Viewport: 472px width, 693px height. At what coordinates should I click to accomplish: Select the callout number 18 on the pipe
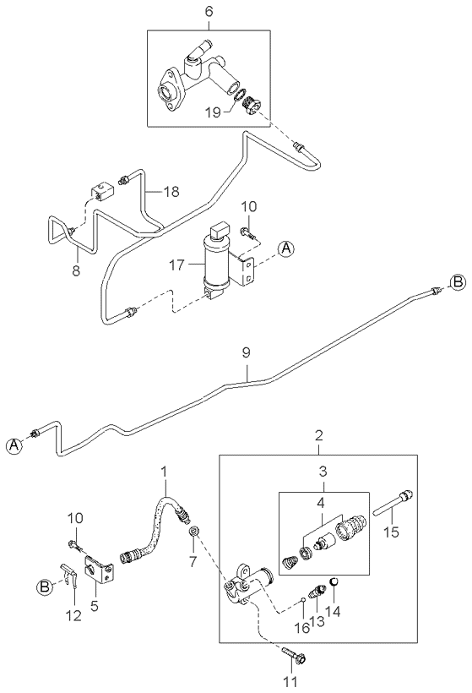[x=171, y=193]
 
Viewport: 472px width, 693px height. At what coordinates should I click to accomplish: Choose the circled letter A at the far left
[x=15, y=447]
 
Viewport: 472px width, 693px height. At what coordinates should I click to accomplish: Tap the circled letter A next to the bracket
[x=286, y=248]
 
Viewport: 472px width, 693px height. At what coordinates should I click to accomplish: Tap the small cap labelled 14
[x=332, y=582]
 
